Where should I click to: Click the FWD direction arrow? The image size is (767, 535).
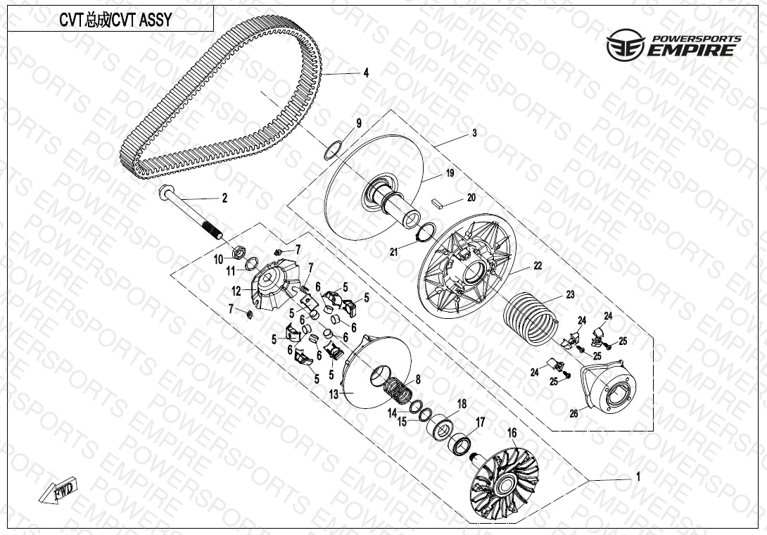coord(58,491)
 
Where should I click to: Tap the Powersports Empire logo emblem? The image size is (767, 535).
coord(626,45)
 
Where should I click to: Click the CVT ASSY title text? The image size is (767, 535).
coord(115,20)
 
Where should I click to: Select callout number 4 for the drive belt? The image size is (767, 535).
coord(366,73)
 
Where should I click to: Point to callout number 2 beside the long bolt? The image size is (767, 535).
coord(224,199)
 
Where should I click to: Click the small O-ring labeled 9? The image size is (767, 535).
coord(333,150)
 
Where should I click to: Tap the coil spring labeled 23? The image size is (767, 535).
coord(531,318)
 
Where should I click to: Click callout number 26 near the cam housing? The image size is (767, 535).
coord(573,414)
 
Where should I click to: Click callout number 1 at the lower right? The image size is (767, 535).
coord(638,477)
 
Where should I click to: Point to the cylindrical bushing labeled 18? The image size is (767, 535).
coord(441,426)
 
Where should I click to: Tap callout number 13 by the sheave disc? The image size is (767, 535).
coord(334,394)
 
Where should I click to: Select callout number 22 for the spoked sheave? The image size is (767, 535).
coord(538,266)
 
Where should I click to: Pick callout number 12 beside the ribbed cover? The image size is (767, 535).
coord(236,291)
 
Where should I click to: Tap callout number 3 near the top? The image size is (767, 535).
coord(474,133)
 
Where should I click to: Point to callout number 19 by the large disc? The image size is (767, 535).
coord(450,173)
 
